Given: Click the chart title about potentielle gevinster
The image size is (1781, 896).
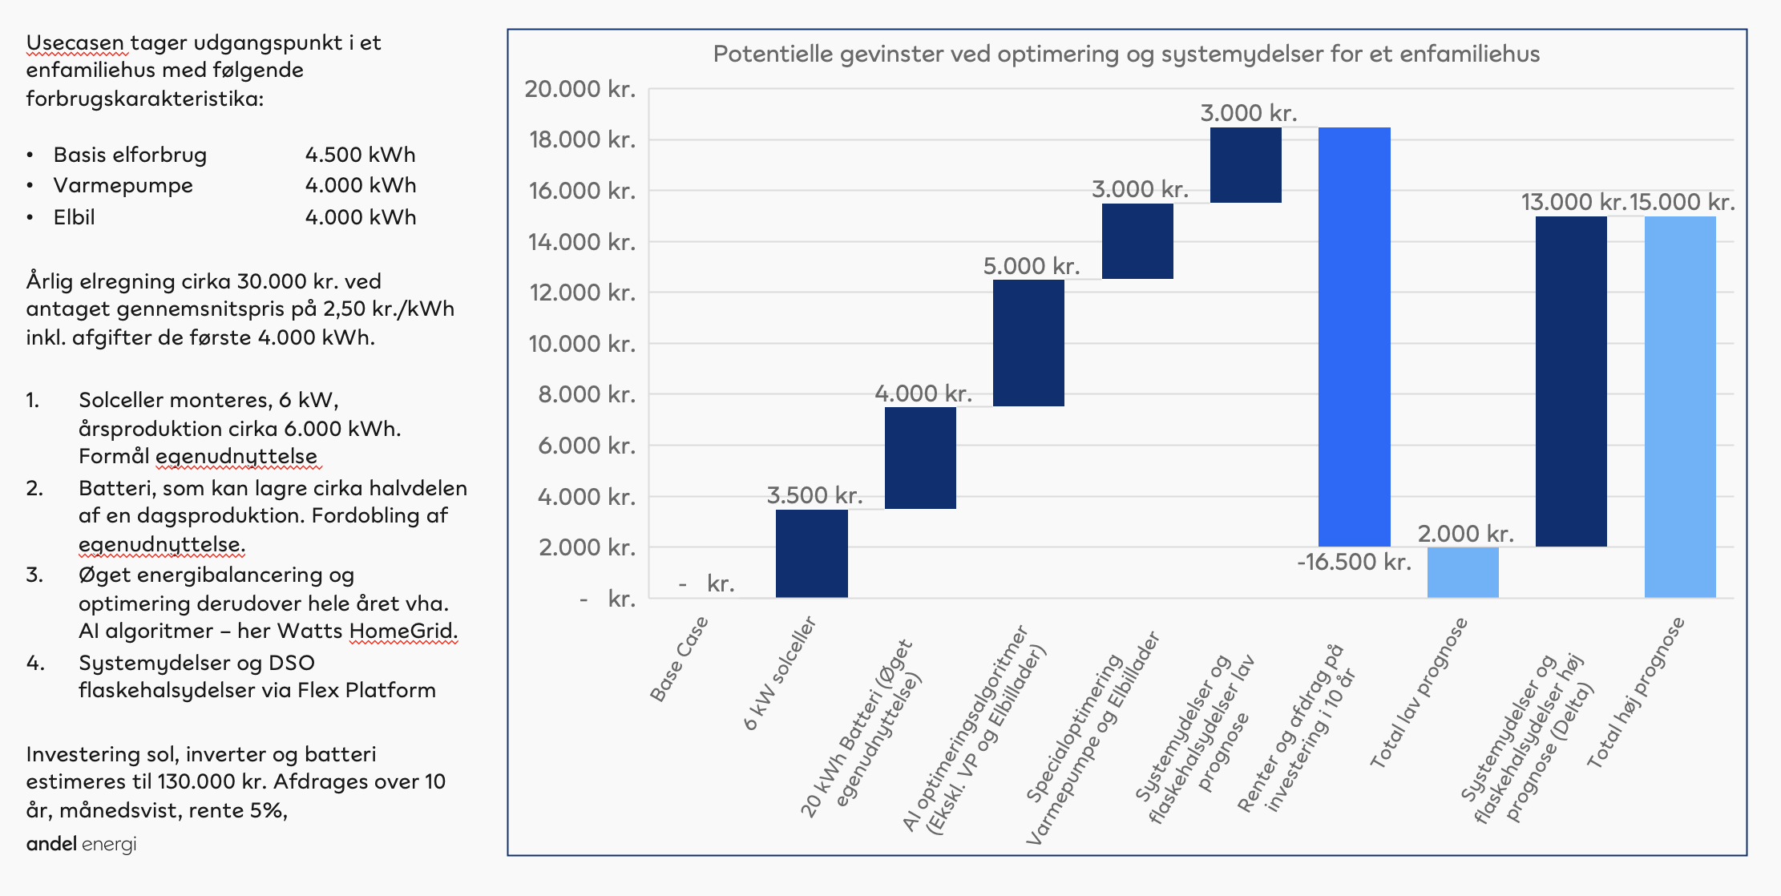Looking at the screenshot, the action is pos(1126,54).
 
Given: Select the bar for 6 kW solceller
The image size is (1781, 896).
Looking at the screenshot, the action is pos(811,553).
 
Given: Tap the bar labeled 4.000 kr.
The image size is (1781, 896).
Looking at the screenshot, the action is pos(920,458).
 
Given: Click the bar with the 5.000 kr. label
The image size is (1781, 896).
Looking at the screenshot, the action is pos(1028,343).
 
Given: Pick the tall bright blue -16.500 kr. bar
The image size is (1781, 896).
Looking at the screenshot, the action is pos(1354,337).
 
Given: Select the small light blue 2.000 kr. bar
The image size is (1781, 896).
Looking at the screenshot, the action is pos(1463,572).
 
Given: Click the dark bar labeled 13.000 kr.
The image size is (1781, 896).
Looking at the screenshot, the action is pos(1571,381).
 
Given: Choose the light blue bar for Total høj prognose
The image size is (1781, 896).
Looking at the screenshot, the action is pos(1680,407).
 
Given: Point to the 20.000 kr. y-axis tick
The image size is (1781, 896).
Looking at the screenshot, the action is pos(580,89).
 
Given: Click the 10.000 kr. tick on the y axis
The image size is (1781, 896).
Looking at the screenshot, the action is pos(582,344).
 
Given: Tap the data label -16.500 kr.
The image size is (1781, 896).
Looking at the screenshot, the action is pos(1354,562).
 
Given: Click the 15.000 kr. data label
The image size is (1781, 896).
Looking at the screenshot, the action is pos(1682,202).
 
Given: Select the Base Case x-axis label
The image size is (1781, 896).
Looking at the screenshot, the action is pos(679,659).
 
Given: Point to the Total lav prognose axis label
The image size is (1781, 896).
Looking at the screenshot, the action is pos(1418,693).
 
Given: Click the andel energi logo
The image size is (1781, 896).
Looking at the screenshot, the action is pos(81,844).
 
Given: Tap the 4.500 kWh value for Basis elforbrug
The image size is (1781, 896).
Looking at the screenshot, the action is pos(360,155).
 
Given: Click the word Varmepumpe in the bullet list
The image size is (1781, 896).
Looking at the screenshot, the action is pos(123,186).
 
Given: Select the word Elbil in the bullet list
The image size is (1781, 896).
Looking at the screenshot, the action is pos(74,217).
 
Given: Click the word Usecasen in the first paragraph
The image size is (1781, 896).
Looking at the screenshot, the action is pos(75,43).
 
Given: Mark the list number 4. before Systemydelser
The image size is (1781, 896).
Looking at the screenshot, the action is pos(34,663).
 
